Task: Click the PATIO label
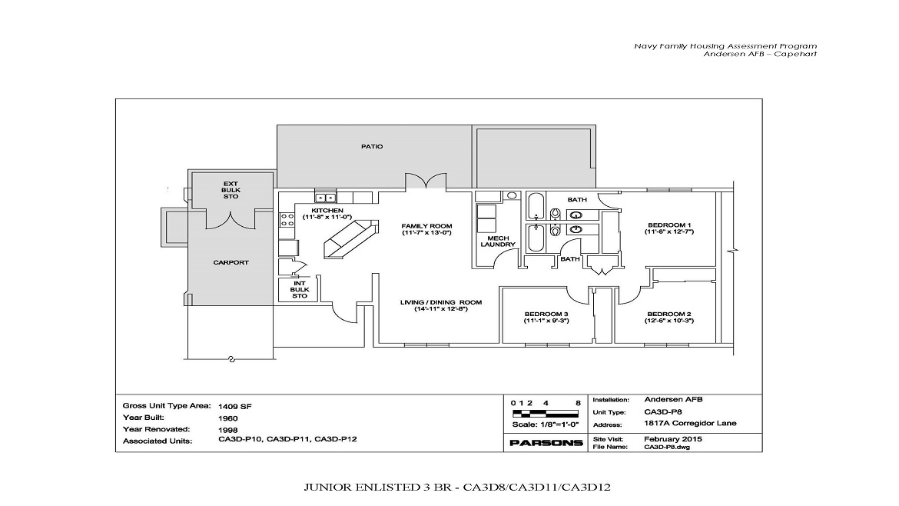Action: [x=372, y=146]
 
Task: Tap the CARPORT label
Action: [x=231, y=262]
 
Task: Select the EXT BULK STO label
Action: [x=231, y=190]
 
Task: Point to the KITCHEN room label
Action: [x=327, y=211]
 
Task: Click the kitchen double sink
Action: [x=327, y=198]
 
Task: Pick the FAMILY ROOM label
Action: [x=426, y=226]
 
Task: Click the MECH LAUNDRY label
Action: [x=498, y=241]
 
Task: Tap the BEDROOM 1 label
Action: [x=669, y=225]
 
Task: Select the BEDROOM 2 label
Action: [x=669, y=314]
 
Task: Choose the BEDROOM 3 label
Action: [x=546, y=314]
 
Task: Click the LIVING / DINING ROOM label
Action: [x=441, y=302]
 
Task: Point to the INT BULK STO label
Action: [x=300, y=290]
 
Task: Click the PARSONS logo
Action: [x=546, y=443]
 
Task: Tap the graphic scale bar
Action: [x=546, y=413]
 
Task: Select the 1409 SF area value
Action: [x=235, y=407]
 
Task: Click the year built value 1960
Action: [x=227, y=418]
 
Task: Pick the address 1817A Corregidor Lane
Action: [x=690, y=424]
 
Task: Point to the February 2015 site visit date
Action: [x=673, y=439]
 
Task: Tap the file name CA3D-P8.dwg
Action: [x=667, y=447]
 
